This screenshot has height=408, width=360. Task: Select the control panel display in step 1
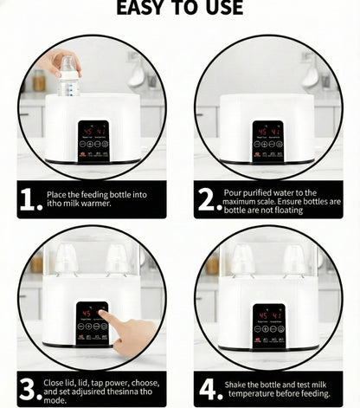point(93,141)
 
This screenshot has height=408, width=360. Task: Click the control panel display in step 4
point(268,325)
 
